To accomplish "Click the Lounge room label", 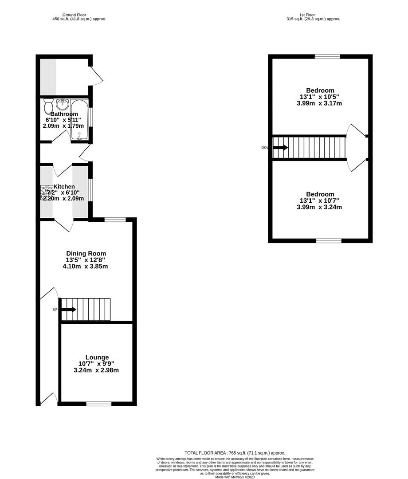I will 97,357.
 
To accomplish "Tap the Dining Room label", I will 86,253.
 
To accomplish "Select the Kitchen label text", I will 64,187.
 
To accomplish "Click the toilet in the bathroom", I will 48,105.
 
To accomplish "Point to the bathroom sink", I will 62,105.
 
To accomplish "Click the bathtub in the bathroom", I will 79,119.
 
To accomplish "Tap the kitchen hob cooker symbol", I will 47,193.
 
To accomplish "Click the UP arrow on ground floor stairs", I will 69,309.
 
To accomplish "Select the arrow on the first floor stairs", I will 280,147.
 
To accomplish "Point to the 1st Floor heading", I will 314,15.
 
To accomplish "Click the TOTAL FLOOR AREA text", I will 235,452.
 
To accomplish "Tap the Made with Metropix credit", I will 235,477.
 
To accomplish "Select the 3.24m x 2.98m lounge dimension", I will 96,370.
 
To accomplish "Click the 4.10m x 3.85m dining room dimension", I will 86,267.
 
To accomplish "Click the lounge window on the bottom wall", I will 98,404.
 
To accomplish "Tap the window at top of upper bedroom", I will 327,56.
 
